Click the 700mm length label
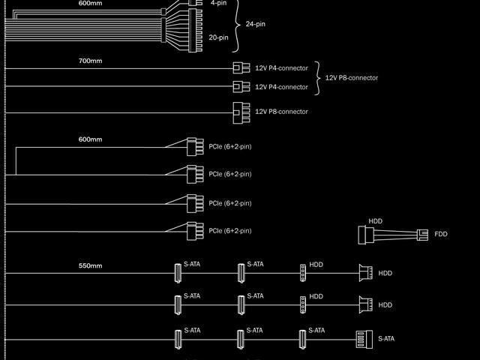90,60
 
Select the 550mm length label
90,265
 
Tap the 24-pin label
256,24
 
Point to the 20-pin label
218,37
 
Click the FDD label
441,235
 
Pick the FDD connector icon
424,235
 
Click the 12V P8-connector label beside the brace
351,77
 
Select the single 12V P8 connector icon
241,112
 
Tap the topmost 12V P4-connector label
281,68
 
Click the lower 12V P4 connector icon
241,87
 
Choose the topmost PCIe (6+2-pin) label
230,146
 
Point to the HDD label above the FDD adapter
375,221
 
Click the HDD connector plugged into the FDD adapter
365,235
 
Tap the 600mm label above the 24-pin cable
90,3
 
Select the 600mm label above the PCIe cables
90,139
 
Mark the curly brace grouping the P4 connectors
317,77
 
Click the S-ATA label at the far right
386,338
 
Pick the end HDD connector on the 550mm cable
366,273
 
